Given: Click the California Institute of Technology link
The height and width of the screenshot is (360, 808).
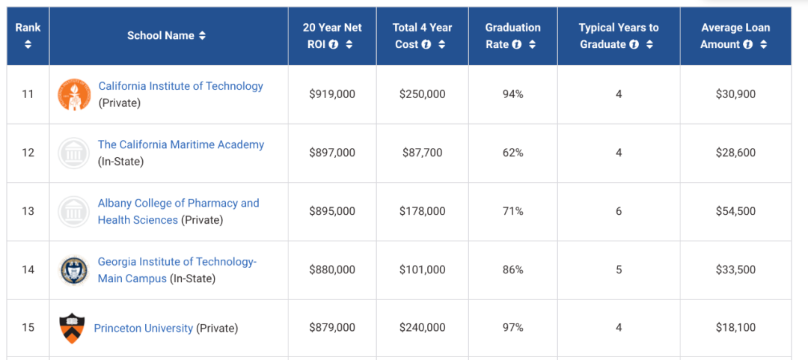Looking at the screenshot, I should (180, 86).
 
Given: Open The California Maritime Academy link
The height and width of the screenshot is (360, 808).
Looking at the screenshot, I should (180, 144).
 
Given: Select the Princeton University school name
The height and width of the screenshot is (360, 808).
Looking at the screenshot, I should (143, 328).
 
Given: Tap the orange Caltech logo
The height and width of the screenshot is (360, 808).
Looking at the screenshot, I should (74, 94).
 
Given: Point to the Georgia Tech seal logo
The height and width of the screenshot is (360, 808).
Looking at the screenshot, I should (74, 269).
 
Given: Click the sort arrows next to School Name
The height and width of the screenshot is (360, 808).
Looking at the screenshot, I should (202, 36).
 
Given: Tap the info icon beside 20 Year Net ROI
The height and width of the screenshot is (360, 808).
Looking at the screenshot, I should (334, 44).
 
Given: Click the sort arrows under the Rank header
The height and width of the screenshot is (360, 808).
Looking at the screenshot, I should (28, 44).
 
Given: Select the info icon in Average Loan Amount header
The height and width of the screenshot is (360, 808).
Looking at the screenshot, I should (747, 44).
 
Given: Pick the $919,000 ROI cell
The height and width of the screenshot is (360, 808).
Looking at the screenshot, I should (332, 94).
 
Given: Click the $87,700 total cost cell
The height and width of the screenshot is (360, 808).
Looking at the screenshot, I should (422, 153).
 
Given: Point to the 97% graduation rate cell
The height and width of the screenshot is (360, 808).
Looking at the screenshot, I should (512, 328).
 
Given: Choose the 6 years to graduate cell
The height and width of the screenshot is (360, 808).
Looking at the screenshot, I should (619, 211).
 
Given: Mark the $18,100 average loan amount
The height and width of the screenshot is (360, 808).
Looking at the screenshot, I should (735, 328).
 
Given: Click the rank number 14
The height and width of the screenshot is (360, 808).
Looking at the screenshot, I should (28, 269).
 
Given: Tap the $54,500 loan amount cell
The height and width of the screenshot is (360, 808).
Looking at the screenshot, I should (735, 211).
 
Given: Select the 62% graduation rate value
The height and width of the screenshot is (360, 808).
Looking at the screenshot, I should (512, 153).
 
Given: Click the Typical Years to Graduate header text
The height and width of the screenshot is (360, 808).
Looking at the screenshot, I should (618, 28).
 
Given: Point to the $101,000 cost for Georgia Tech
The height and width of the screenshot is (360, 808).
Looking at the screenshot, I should (422, 269).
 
